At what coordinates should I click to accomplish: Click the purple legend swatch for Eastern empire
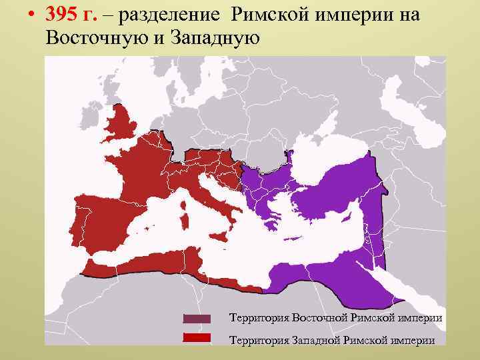coord(197,319)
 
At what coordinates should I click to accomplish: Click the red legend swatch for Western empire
coord(197,338)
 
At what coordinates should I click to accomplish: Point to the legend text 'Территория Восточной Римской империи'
coord(335,318)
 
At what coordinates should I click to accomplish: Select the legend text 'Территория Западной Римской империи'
coord(332,340)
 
